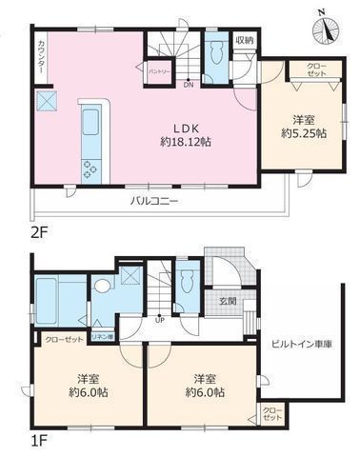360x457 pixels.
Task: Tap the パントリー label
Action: click(158, 71)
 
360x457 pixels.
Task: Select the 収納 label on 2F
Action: click(245, 40)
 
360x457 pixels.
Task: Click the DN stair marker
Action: click(189, 84)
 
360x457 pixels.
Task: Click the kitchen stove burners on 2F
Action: click(91, 169)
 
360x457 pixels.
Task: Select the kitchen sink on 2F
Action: click(91, 123)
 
